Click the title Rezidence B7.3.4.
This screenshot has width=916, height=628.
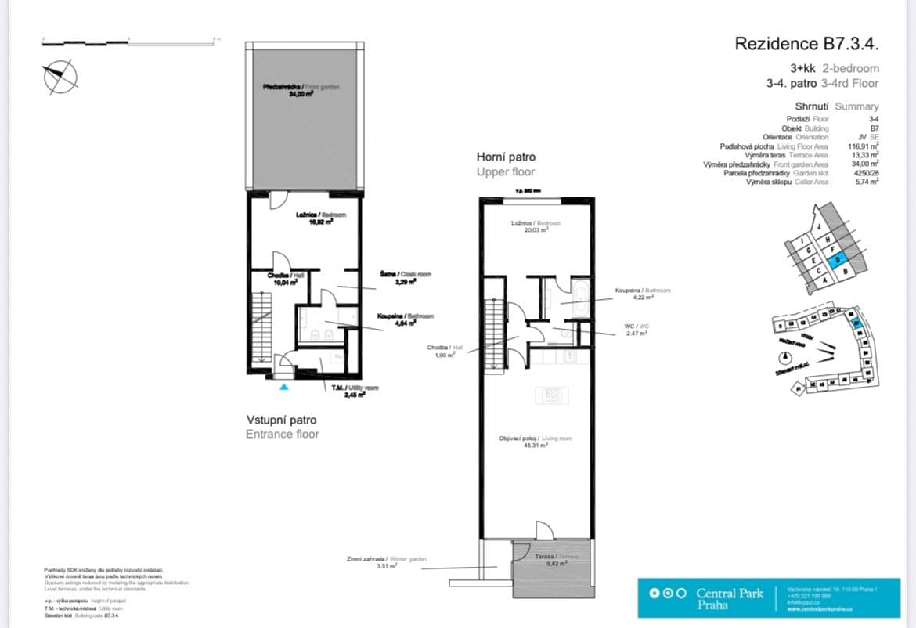pos(806,44)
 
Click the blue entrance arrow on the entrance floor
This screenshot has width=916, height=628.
pos(283,385)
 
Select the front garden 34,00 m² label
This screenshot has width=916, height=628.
pos(301,90)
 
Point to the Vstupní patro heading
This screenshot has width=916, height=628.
pos(282,420)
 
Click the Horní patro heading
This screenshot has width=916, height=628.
pos(506,157)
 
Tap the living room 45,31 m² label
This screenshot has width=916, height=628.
pos(535,442)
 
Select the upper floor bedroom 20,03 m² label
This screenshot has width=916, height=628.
pos(536,227)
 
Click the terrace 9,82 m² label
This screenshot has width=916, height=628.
pos(556,560)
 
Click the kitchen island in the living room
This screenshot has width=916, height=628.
pos(551,395)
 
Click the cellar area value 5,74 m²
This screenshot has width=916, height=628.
pos(867,181)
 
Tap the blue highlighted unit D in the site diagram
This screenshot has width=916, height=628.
pos(837,262)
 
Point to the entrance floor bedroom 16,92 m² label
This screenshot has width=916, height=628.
pos(320,218)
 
